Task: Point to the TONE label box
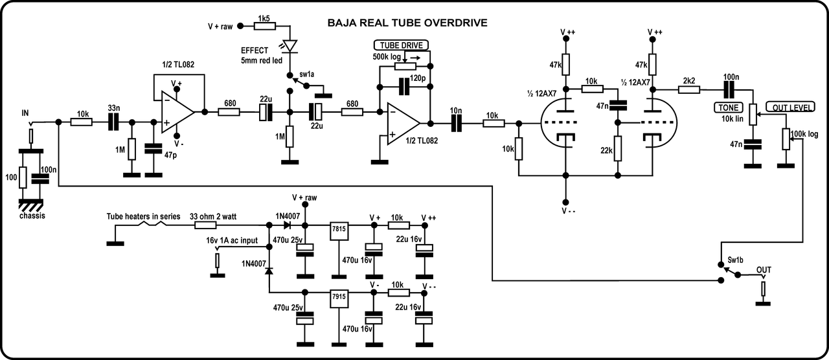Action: (x=727, y=107)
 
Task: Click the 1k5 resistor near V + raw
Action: (x=265, y=26)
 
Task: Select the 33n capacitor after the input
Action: (x=113, y=121)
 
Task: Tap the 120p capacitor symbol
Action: (x=405, y=85)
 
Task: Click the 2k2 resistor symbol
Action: (x=688, y=90)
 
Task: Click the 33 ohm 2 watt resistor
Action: (x=206, y=225)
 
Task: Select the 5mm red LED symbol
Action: (x=290, y=46)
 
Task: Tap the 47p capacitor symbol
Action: (x=153, y=148)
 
